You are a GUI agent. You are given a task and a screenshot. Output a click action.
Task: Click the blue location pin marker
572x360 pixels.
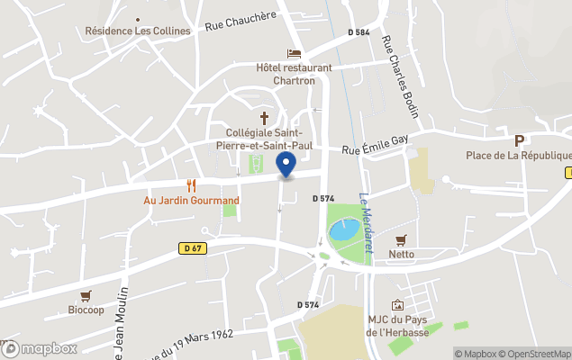tap(286, 166)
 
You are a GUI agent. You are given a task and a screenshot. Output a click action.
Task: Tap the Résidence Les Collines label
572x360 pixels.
tap(138, 31)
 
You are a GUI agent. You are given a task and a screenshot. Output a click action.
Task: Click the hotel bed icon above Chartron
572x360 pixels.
tap(294, 53)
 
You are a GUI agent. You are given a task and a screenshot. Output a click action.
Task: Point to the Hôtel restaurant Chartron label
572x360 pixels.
tap(294, 74)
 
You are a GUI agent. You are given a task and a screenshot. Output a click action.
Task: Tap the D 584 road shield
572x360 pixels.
tap(359, 32)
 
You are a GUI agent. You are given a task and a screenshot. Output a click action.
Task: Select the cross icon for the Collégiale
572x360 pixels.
tap(265, 118)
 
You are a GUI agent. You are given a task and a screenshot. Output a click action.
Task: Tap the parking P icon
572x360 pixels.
tap(519, 140)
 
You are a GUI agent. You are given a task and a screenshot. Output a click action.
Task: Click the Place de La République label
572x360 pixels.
tap(513, 156)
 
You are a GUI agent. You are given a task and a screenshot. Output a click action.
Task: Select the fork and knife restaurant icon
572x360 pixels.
tap(191, 185)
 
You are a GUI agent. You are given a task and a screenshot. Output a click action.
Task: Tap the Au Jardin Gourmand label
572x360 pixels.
tap(192, 200)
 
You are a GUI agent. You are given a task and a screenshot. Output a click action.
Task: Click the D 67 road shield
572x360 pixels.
tap(191, 248)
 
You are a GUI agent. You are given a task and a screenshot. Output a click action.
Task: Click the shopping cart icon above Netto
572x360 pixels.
tap(401, 240)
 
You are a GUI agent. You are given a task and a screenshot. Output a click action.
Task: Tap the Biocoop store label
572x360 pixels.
tap(86, 310)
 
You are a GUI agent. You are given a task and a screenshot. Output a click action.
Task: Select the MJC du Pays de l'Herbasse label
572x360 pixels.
tap(397, 327)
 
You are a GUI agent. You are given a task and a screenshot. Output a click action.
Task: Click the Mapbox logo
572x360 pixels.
tap(40, 348)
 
